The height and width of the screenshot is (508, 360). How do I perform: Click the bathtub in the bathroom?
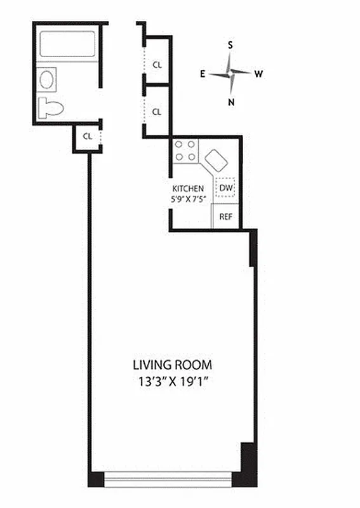click(x=67, y=45)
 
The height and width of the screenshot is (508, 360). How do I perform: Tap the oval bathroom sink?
click(x=47, y=80)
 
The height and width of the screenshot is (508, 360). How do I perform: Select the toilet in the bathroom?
click(x=51, y=107)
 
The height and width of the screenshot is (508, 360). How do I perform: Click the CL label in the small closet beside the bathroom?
click(x=88, y=136)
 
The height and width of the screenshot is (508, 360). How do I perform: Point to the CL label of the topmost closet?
click(x=157, y=63)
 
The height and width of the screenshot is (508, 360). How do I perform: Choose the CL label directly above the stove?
click(x=157, y=112)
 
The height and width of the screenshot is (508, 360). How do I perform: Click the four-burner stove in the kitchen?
click(x=185, y=150)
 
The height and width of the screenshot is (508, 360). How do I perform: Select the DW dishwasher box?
click(x=226, y=188)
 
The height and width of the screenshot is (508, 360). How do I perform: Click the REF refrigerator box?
click(x=225, y=216)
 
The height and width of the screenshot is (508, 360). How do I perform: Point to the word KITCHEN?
click(x=188, y=189)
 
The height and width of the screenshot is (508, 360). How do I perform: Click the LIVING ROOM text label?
click(x=172, y=365)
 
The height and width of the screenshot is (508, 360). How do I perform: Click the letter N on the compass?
click(x=232, y=102)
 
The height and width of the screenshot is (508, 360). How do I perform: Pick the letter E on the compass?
click(x=203, y=74)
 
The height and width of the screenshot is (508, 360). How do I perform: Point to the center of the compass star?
click(x=230, y=74)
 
